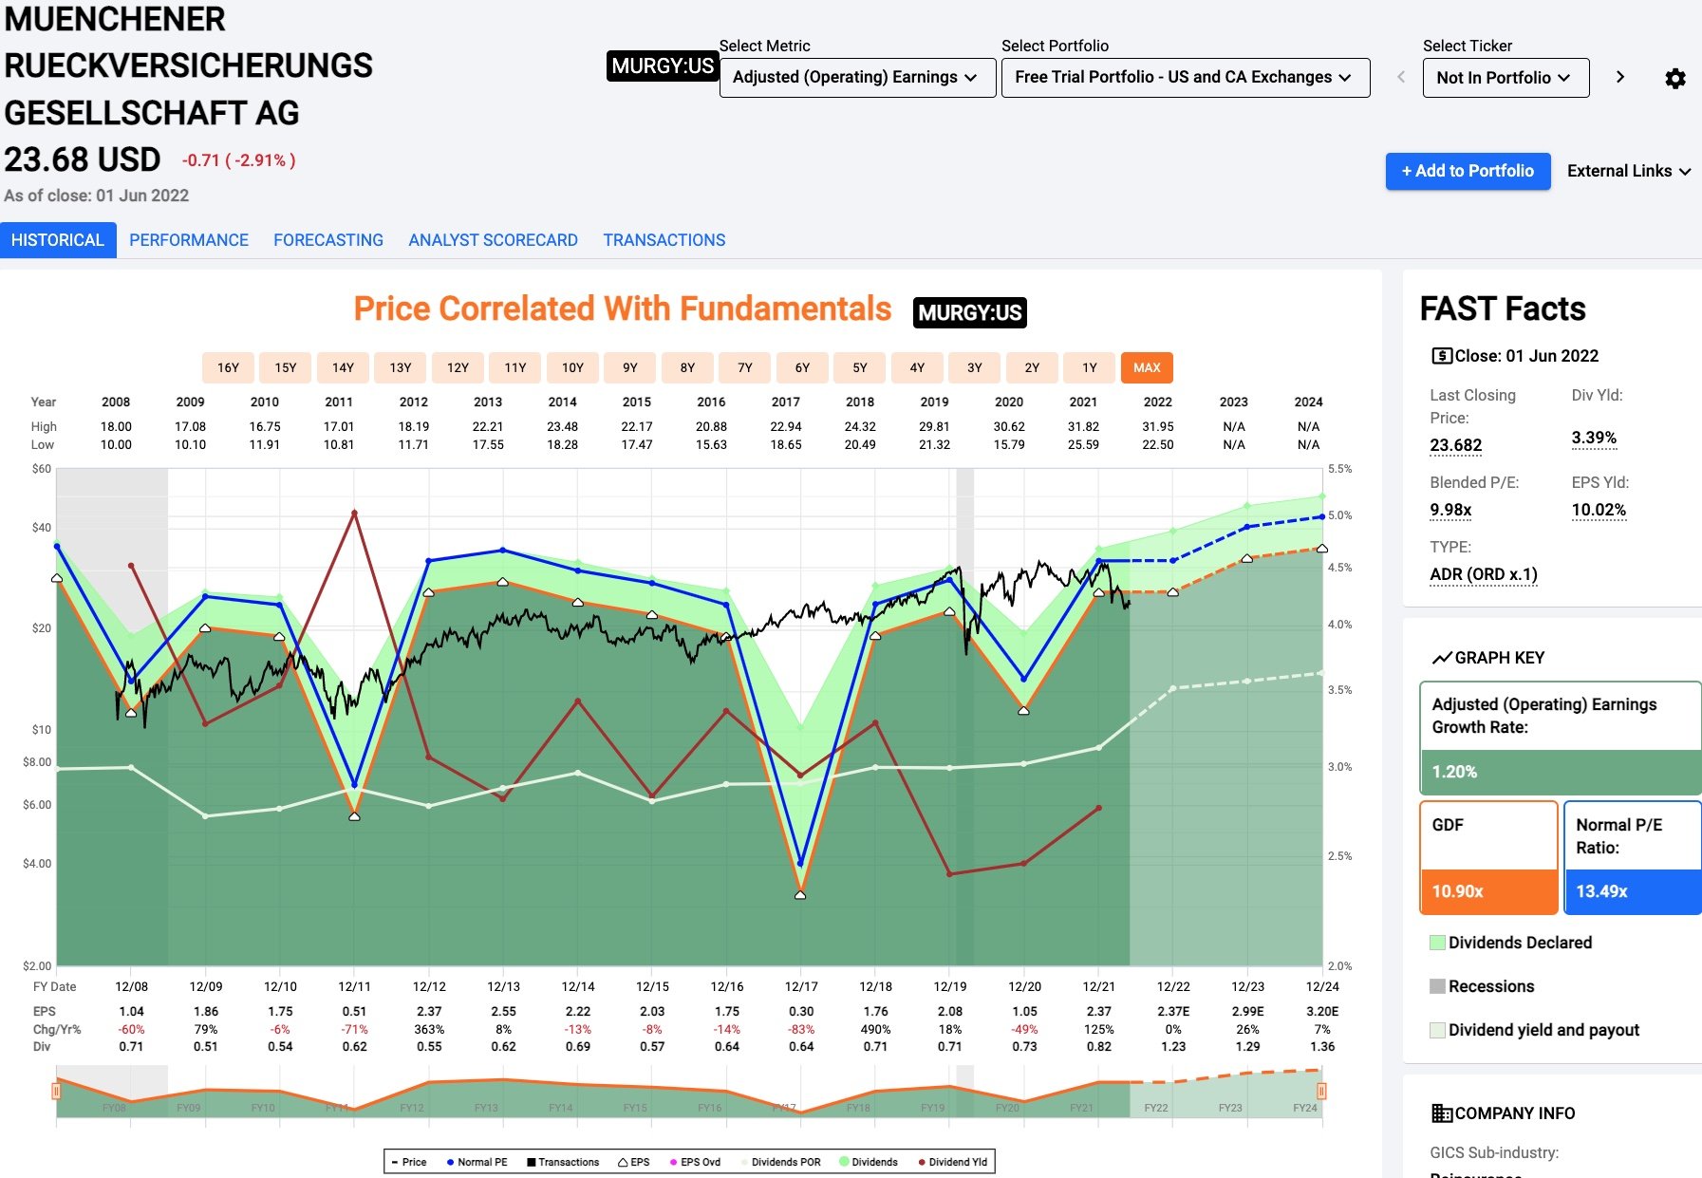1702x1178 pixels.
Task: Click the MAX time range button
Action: pos(1146,367)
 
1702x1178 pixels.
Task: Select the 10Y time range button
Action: pos(572,367)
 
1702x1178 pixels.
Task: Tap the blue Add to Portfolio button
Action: pos(1467,171)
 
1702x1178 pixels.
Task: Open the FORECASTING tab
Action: pos(328,240)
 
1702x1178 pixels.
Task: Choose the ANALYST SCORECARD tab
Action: pos(493,240)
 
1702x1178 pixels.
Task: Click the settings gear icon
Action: pos(1675,78)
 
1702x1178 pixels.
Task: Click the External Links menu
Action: pos(1628,171)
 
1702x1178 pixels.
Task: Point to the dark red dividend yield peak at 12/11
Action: pos(354,513)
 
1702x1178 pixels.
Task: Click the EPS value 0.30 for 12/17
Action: pos(801,1011)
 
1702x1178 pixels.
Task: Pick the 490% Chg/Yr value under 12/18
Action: pos(875,1029)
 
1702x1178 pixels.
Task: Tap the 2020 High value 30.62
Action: pos(1009,426)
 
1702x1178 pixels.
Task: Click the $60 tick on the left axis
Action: pos(42,469)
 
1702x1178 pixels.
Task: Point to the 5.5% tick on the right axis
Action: pos(1339,469)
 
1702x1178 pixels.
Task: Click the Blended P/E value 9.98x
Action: pos(1450,510)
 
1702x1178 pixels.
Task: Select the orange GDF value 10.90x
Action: pos(1458,891)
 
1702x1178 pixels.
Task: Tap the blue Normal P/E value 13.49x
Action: pos(1601,891)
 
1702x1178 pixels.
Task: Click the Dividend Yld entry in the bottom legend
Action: pos(953,1162)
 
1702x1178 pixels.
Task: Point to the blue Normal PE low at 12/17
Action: pos(800,863)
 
